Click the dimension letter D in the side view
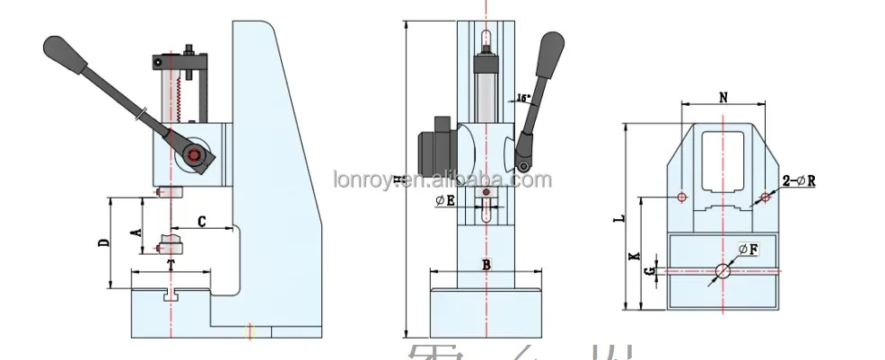pyautogui.click(x=104, y=242)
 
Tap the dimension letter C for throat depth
pyautogui.click(x=202, y=220)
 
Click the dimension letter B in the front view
pyautogui.click(x=486, y=264)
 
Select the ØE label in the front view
pyautogui.click(x=446, y=201)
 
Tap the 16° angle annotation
pyautogui.click(x=523, y=97)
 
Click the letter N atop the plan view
pyautogui.click(x=723, y=94)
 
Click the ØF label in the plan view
pyautogui.click(x=748, y=249)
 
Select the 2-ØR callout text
pyautogui.click(x=798, y=180)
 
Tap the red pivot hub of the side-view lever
pyautogui.click(x=193, y=156)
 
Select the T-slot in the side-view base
pyautogui.click(x=171, y=294)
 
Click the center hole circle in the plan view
pyautogui.click(x=723, y=272)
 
